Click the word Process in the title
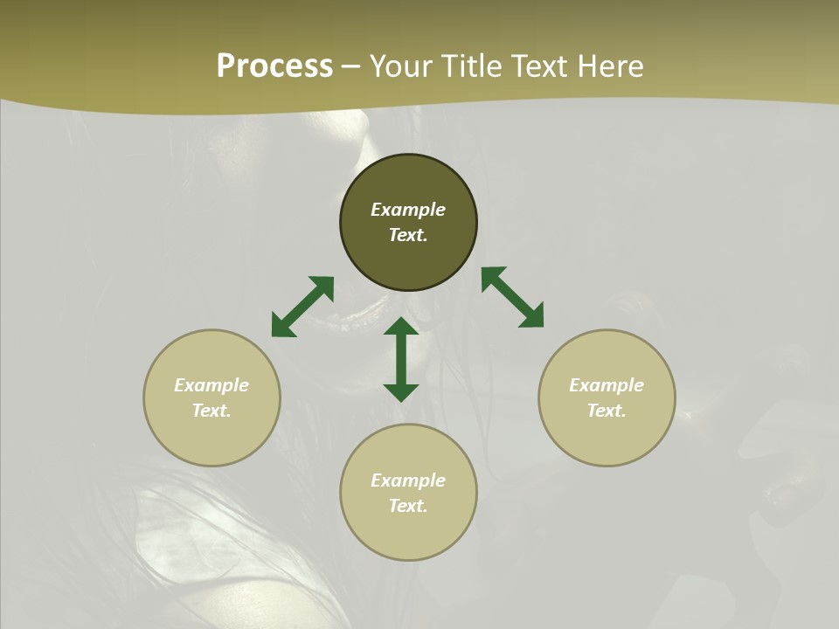[274, 66]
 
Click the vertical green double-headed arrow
[401, 359]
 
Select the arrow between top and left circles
[302, 307]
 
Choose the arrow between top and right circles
[512, 297]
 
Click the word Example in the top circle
[408, 210]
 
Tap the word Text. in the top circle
[408, 235]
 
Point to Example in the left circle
[211, 385]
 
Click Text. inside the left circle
[211, 411]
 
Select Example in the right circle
[607, 385]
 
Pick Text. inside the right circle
[607, 411]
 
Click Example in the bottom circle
[408, 480]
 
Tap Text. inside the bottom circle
[408, 506]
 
